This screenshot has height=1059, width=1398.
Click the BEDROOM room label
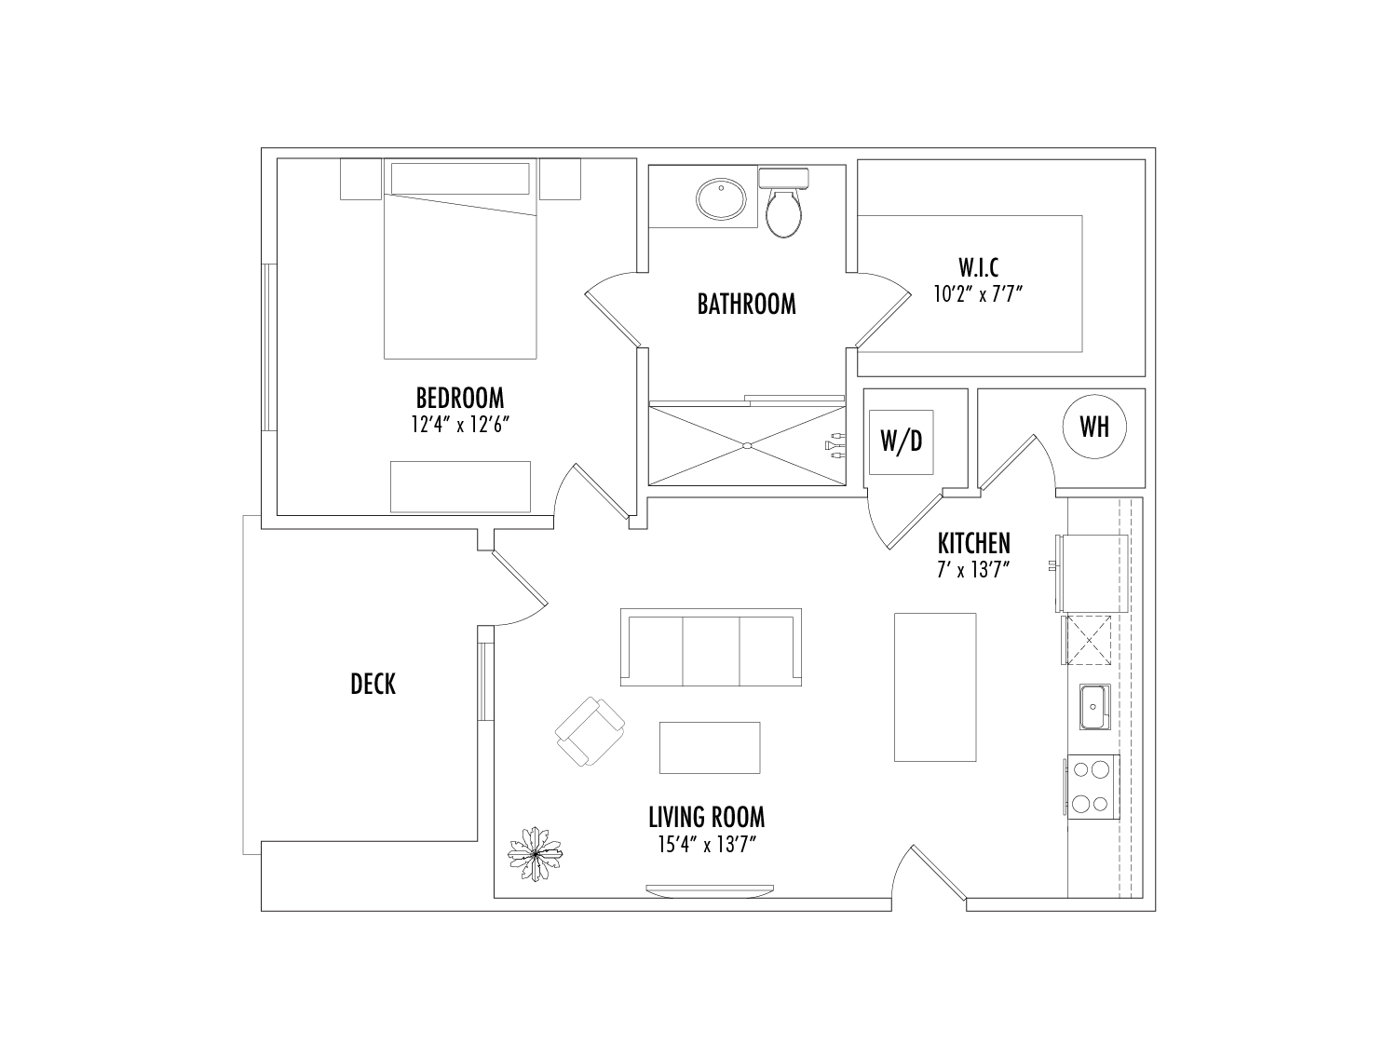[460, 398]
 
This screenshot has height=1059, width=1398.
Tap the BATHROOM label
[746, 304]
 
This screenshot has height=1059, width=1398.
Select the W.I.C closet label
[978, 267]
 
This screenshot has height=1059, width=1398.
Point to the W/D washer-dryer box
[902, 441]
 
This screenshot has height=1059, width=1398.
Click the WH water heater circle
[1094, 427]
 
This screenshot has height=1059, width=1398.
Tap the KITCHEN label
[974, 543]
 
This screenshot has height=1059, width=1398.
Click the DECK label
[373, 684]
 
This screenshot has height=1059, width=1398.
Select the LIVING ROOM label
[707, 817]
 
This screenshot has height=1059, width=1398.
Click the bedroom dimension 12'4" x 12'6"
[460, 425]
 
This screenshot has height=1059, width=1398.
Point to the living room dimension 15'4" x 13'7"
[707, 845]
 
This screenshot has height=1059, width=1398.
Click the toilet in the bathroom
[784, 203]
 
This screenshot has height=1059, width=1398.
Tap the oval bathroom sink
[721, 198]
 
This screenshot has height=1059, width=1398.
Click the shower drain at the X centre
[747, 446]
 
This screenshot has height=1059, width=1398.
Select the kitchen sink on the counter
[1094, 707]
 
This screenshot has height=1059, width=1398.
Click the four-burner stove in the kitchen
[1092, 787]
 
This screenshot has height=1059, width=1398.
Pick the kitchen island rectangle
[935, 687]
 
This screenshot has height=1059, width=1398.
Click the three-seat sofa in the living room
[711, 647]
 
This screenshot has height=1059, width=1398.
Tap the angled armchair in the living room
[590, 732]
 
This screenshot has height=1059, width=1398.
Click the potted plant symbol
[535, 853]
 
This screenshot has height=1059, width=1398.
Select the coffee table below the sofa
[710, 748]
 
